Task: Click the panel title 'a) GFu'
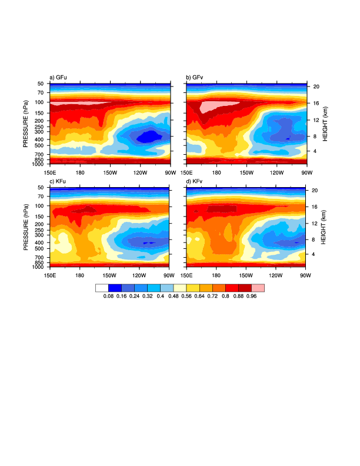pyautogui.click(x=60, y=78)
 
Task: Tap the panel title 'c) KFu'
pyautogui.click(x=60, y=181)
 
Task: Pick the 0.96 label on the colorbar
pyautogui.click(x=252, y=297)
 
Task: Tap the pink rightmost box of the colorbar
pyautogui.click(x=258, y=288)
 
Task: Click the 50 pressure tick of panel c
pyautogui.click(x=42, y=188)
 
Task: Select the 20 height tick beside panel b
pyautogui.click(x=315, y=86)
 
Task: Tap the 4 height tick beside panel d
pyautogui.click(x=314, y=254)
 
